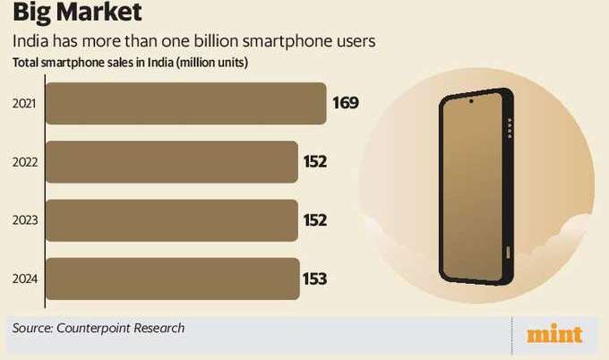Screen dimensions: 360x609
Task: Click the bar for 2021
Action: coord(184,103)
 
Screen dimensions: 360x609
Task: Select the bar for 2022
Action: coord(170,162)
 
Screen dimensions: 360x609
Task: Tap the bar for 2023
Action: coord(170,220)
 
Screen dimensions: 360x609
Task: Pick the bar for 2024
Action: coord(171,279)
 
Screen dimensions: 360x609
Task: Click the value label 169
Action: coord(346,103)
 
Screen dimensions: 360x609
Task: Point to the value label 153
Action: coord(315,279)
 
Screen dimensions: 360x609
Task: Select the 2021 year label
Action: coord(24,104)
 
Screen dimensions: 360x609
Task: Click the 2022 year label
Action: coord(24,162)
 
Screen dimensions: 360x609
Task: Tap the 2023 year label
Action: coord(24,220)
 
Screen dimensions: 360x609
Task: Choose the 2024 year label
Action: coord(24,279)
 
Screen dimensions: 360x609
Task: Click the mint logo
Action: coord(554,334)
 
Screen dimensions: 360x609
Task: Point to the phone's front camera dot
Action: coord(471,101)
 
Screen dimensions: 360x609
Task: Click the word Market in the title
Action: coord(101,14)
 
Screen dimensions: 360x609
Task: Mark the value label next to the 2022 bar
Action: coord(315,162)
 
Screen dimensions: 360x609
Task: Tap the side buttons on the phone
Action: coord(510,128)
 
